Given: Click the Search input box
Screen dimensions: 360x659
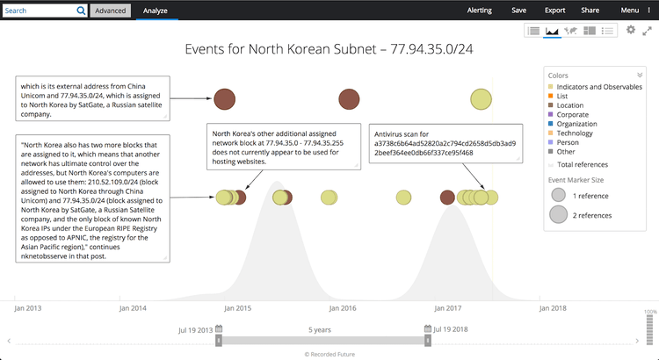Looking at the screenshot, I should point(40,11).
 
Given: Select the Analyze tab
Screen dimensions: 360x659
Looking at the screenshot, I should point(156,11).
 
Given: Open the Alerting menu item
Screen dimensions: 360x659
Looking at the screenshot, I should point(480,11).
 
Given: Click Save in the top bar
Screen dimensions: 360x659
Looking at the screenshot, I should point(519,11).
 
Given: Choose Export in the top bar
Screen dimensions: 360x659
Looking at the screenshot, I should point(554,11).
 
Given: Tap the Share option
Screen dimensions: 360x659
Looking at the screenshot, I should point(590,11).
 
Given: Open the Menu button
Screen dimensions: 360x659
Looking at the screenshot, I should point(633,11).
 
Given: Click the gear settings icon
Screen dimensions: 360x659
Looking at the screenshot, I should point(630,31).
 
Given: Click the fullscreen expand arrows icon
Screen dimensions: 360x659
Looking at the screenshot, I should point(647,31).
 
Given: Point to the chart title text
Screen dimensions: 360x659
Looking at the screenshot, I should point(329,49).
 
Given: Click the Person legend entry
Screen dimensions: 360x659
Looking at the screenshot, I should point(569,143).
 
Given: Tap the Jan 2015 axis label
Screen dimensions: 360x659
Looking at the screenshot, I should point(237,308).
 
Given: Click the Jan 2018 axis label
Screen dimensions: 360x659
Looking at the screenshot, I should point(554,308).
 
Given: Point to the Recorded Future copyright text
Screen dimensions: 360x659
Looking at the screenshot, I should point(329,354).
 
